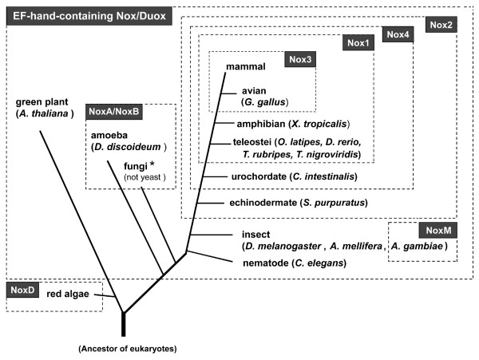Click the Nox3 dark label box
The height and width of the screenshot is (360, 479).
(300, 59)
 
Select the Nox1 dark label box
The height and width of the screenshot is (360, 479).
(358, 43)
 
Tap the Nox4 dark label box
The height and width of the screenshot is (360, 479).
(398, 34)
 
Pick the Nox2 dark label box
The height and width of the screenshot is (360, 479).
(441, 25)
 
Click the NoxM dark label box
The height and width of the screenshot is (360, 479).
(438, 230)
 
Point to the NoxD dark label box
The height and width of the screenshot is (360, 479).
(22, 290)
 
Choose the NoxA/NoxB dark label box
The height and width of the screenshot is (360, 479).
(114, 112)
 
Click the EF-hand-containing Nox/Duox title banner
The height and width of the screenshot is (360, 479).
(89, 16)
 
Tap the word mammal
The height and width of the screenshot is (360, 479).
(246, 66)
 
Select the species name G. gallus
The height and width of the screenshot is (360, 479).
(265, 102)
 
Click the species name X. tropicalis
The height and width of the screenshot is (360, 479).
(319, 124)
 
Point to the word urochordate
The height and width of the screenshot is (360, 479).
(259, 176)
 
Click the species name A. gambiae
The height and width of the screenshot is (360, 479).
(417, 246)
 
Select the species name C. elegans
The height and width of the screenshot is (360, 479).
(319, 263)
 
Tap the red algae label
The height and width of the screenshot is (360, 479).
(68, 294)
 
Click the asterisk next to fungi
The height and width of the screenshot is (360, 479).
(152, 165)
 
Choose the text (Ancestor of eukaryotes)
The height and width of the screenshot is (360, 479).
(128, 349)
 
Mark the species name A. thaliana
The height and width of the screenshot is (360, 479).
(43, 113)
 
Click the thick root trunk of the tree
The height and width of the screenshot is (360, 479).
(124, 324)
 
